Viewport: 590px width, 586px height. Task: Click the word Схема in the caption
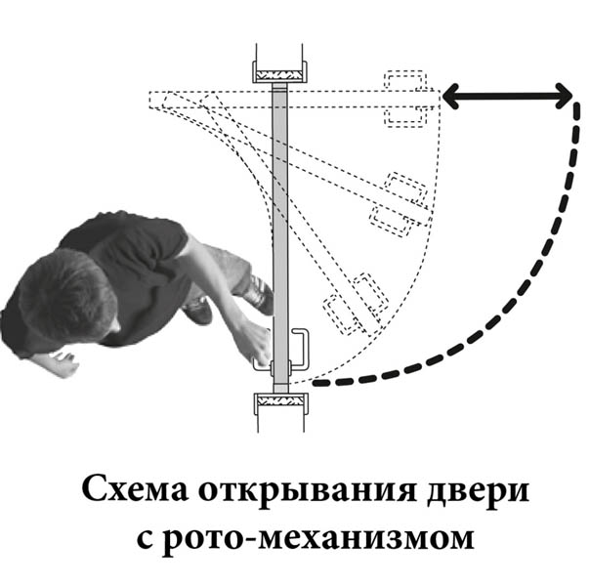136,490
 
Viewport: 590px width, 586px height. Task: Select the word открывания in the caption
308,492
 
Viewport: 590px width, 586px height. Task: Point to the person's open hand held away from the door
63,363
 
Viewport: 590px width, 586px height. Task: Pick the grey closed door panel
279,237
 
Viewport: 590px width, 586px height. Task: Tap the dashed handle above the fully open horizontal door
405,81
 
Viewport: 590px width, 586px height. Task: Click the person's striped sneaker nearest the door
260,294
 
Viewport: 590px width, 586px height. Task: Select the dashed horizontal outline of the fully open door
294,100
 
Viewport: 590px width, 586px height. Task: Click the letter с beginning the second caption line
145,538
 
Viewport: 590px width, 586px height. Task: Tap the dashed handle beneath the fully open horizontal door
405,115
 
